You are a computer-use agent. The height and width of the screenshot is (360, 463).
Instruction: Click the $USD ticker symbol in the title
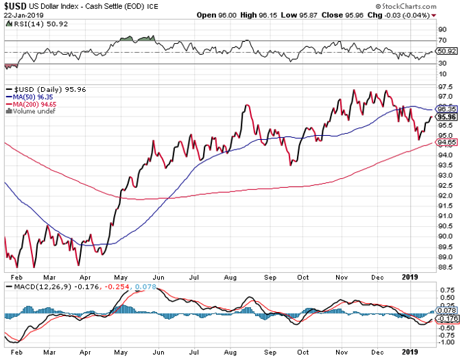click(15, 5)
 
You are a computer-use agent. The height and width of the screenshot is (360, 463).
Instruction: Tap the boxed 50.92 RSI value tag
click(449, 51)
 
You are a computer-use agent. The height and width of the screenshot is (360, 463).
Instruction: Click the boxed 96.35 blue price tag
click(449, 108)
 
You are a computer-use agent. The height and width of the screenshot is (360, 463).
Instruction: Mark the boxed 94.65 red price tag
click(449, 143)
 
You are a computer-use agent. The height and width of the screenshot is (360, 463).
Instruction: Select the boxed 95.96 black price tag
click(449, 117)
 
